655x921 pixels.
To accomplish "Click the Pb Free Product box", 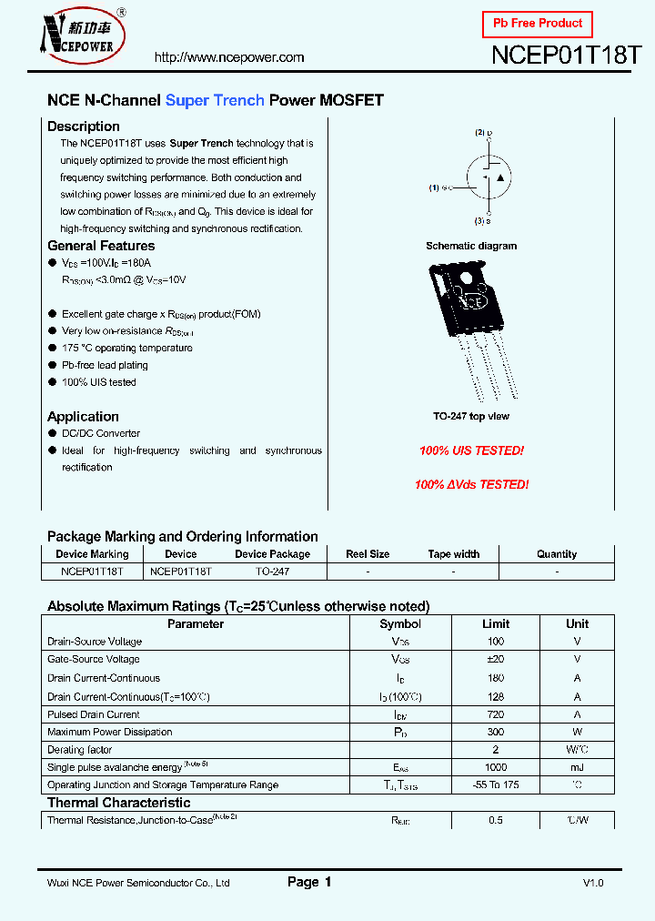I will pos(537,24).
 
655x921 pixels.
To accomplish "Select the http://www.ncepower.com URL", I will pos(229,57).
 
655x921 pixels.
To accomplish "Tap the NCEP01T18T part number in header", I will pos(567,55).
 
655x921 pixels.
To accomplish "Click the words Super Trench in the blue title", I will pos(215,100).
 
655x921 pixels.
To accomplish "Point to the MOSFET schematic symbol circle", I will pos(487,179).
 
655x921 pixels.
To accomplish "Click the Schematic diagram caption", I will pos(471,246).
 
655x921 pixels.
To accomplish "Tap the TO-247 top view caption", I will pos(471,416).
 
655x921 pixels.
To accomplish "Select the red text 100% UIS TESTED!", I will pos(471,450).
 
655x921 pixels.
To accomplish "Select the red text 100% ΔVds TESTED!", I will pos(471,485).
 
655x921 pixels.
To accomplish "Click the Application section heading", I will pos(83,417).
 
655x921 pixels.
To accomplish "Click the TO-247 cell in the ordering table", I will pos(272,572).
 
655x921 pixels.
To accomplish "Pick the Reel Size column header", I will pos(368,554).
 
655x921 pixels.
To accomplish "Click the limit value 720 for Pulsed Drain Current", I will pos(496,714).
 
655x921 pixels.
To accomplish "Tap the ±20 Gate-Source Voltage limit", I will pos(496,659).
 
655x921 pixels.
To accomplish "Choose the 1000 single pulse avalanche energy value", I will pos(496,767).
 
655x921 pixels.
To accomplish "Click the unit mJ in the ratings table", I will pos(577,767).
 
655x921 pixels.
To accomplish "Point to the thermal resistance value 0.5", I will pos(496,820).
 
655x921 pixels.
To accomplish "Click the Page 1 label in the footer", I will pos(309,882).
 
